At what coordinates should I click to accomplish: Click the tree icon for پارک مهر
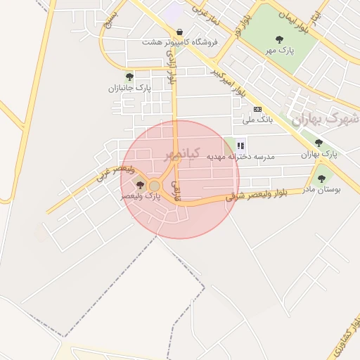[x=280, y=39]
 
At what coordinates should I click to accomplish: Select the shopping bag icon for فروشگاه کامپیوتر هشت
[x=181, y=32]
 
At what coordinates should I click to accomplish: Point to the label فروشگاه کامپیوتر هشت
[x=180, y=42]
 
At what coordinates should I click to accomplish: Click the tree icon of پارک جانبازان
[x=129, y=76]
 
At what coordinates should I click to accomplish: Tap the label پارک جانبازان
[x=129, y=88]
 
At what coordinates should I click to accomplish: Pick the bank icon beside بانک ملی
[x=258, y=109]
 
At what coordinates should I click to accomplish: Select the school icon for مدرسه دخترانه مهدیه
[x=240, y=146]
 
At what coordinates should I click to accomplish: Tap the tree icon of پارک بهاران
[x=319, y=142]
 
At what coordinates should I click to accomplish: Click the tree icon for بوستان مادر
[x=322, y=179]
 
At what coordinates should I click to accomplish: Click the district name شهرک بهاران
[x=324, y=119]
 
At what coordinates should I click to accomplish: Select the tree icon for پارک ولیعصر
[x=140, y=186]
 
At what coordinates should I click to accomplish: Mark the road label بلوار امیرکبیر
[x=229, y=82]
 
